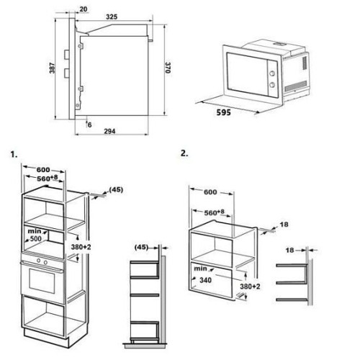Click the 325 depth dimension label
click(112, 17)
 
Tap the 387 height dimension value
click(52, 68)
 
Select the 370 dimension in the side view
click(168, 68)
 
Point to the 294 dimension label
click(109, 131)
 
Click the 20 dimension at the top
click(84, 9)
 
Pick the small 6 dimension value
click(90, 125)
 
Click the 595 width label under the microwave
click(224, 112)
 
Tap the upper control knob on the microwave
click(272, 73)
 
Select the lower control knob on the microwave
click(272, 85)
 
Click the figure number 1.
click(14, 155)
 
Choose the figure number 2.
click(184, 153)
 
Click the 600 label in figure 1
click(43, 170)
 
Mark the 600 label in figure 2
click(210, 192)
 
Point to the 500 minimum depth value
click(36, 238)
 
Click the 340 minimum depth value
click(205, 280)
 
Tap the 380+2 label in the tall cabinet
click(81, 247)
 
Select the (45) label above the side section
click(141, 247)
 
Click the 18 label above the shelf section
click(289, 251)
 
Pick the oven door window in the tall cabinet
click(42, 280)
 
